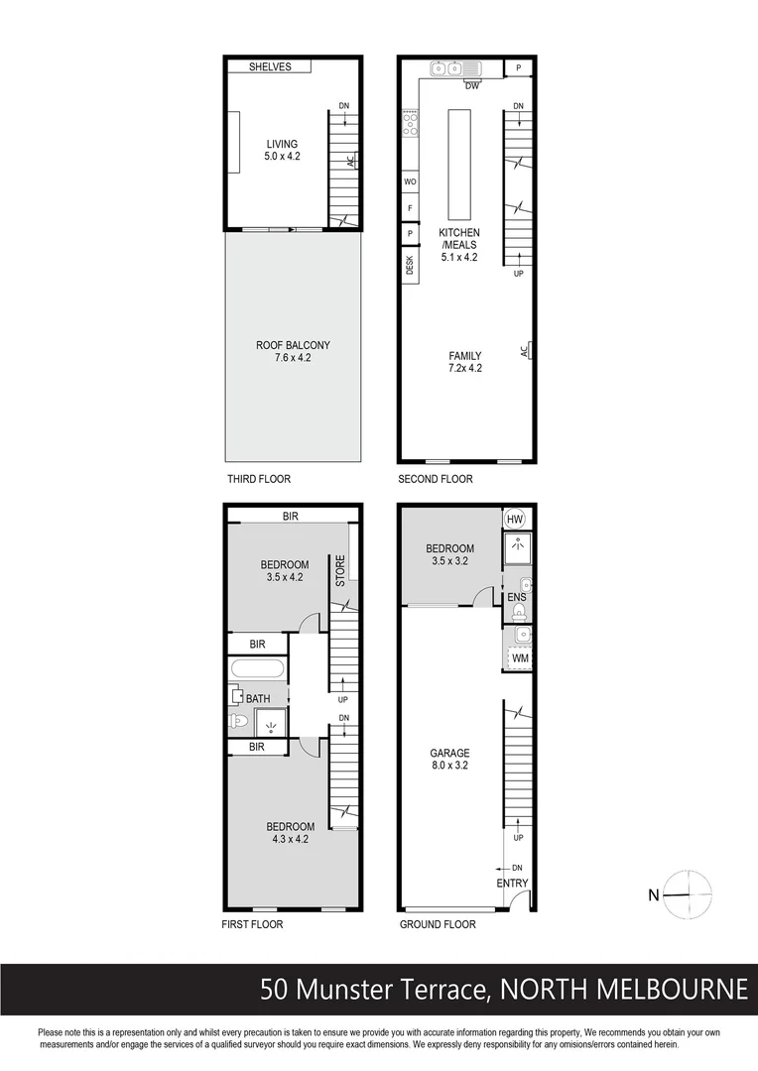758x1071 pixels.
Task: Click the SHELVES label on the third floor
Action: (x=270, y=66)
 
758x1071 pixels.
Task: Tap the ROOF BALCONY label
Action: (x=293, y=352)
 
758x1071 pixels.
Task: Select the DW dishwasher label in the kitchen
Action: (x=472, y=86)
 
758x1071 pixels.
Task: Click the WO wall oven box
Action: (x=410, y=182)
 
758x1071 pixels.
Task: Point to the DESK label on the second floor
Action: (x=410, y=266)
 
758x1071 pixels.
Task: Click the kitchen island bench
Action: (x=459, y=165)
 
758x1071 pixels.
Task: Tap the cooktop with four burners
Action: (x=410, y=124)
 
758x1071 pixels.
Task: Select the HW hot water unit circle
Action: (x=515, y=520)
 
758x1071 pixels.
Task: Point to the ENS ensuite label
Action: (x=517, y=598)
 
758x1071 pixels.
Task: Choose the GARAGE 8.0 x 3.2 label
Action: (x=449, y=760)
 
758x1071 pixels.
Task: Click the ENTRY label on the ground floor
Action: (x=513, y=884)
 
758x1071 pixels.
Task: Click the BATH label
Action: (x=258, y=699)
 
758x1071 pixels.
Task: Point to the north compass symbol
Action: (x=687, y=894)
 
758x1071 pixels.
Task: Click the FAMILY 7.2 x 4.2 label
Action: (x=464, y=362)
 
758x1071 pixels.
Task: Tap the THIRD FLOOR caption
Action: (x=258, y=479)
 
